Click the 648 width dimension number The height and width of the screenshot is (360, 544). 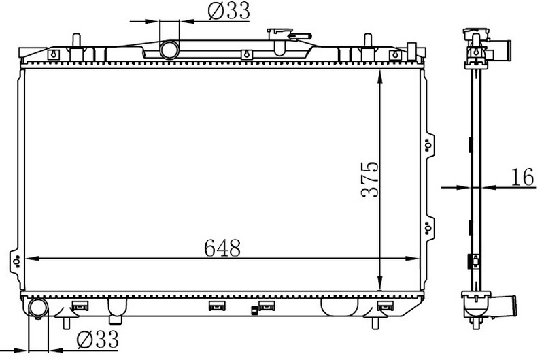pyautogui.click(x=222, y=248)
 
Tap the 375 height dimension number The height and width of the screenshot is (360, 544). pyautogui.click(x=370, y=179)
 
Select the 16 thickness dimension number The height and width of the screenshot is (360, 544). pyautogui.click(x=522, y=177)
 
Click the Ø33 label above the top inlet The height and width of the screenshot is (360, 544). pyautogui.click(x=228, y=11)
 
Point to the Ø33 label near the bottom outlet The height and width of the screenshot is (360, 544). pyautogui.click(x=97, y=339)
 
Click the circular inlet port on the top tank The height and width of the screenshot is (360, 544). pyautogui.click(x=169, y=50)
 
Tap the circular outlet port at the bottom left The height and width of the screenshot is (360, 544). pyautogui.click(x=38, y=308)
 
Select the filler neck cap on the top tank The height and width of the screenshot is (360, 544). pyautogui.click(x=288, y=35)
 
